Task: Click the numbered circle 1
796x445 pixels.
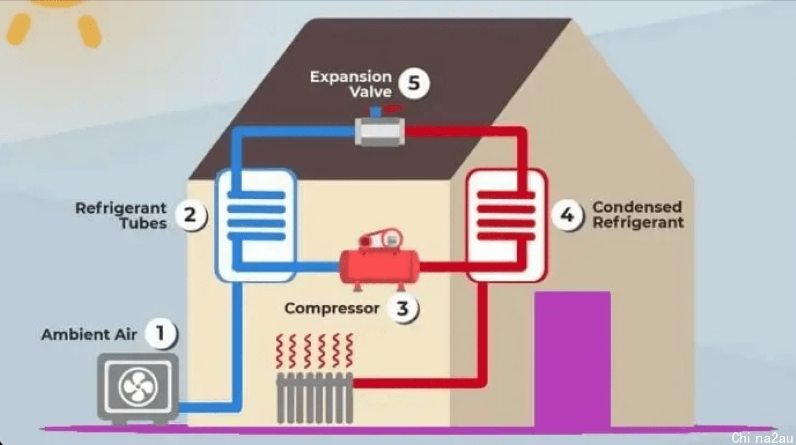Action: coord(161,333)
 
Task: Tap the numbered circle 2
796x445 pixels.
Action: coord(191,214)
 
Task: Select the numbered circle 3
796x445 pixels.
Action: coord(403,308)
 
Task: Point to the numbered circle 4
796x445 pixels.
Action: coord(567,214)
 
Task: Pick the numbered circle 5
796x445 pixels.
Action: coord(414,83)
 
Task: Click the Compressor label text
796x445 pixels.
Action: coord(332,309)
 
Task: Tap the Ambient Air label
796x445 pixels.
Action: coord(89,334)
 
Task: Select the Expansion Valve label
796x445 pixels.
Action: coord(351,84)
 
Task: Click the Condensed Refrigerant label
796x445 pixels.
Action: coord(638,215)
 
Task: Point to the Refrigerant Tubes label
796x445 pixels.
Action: coord(121,216)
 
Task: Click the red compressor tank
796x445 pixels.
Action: coord(379,266)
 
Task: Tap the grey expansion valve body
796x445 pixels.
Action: coord(380,132)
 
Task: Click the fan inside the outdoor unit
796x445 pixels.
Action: coord(138,387)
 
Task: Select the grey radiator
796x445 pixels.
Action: coord(315,398)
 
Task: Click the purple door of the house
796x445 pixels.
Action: coord(573,359)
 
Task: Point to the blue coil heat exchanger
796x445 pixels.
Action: coord(256,225)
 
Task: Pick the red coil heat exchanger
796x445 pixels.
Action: coord(506,225)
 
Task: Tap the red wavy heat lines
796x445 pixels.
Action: coord(315,351)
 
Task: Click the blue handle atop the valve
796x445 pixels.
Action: coord(375,112)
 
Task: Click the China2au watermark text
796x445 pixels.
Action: coord(762,437)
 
